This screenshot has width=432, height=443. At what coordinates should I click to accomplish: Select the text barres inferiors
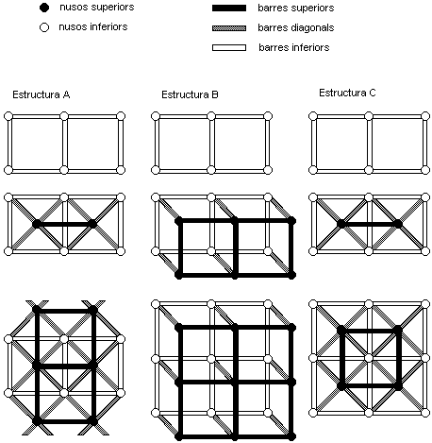(293, 46)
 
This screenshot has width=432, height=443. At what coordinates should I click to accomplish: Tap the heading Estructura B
(190, 94)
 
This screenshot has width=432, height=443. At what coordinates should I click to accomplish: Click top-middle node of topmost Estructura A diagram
(64, 115)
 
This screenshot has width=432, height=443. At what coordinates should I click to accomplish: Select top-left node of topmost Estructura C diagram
(313, 115)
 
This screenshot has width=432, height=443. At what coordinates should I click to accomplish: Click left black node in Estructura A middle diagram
(36, 224)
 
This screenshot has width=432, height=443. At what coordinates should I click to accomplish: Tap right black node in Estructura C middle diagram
(398, 224)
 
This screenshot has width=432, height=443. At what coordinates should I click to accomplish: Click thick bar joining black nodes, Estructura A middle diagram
(64, 224)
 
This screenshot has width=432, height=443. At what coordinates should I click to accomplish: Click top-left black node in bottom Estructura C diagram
(341, 329)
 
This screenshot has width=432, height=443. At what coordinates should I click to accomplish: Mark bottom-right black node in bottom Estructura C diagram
(398, 386)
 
